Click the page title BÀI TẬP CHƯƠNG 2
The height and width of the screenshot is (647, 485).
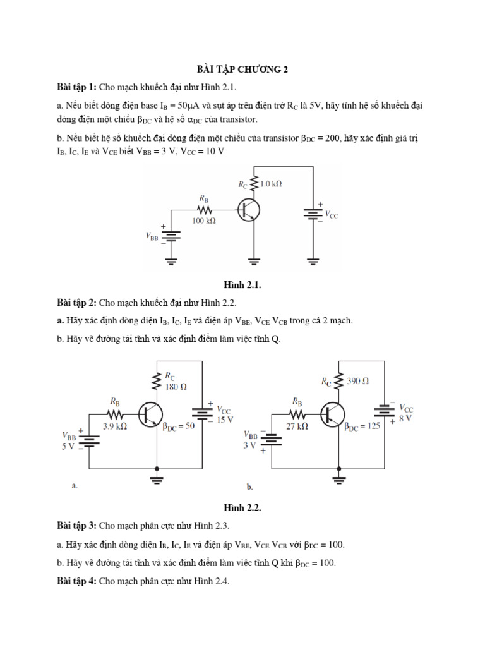[242, 70]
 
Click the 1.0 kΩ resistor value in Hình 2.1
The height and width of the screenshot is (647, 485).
[271, 184]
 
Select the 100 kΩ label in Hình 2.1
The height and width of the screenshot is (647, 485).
[204, 221]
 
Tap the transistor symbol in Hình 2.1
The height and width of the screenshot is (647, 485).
[249, 210]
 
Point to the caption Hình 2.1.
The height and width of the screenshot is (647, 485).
[242, 285]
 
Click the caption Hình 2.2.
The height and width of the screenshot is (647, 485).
[242, 507]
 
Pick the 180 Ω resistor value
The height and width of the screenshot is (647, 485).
[176, 387]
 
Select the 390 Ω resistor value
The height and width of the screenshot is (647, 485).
[357, 381]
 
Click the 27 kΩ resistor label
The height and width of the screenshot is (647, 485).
[296, 426]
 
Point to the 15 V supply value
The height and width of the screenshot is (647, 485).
[225, 419]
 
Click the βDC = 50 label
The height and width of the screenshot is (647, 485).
[179, 426]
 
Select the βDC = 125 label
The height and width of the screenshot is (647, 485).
[362, 426]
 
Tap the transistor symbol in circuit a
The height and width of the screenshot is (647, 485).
[150, 414]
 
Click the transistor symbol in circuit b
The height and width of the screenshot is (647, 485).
[332, 414]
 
